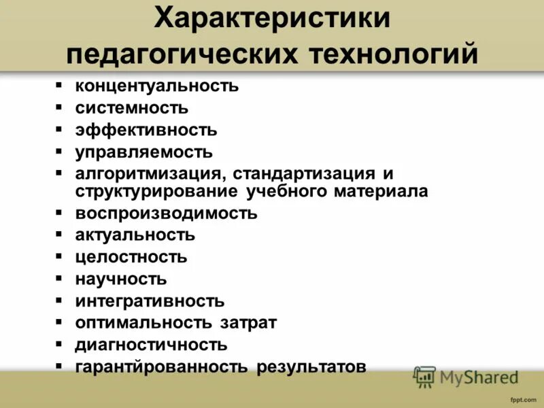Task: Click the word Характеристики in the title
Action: tap(272, 18)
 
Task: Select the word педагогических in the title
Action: tap(186, 54)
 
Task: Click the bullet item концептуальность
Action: tap(156, 86)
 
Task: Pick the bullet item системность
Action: tap(132, 108)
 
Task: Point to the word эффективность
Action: tap(146, 130)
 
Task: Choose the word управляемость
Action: tap(143, 152)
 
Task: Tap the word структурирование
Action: tap(156, 191)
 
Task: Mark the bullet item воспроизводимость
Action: tap(166, 214)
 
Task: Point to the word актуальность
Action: tap(135, 235)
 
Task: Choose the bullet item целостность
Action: tap(131, 258)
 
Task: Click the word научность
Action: tap(120, 279)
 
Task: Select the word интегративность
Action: tap(150, 301)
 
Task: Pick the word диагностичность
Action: tap(151, 345)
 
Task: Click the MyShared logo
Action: tap(466, 377)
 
